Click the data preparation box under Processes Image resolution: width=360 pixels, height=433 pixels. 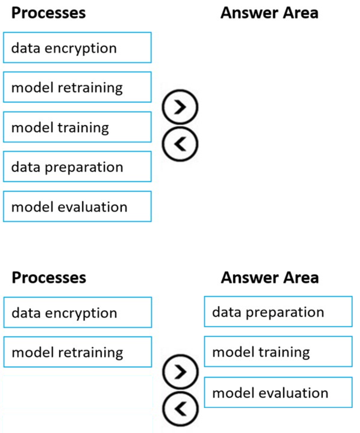pos(77,167)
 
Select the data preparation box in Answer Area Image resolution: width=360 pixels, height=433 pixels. pos(278,312)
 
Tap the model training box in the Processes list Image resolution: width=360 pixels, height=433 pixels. pos(77,127)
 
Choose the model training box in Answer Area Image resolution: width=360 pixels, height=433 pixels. pos(278,352)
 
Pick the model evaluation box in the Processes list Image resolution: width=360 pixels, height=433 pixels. pos(77,207)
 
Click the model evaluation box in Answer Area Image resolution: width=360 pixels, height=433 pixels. pos(278,392)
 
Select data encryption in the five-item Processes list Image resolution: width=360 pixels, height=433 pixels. pos(77,48)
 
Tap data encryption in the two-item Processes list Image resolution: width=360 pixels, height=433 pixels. pos(77,313)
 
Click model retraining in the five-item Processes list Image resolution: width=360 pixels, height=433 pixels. pos(77,87)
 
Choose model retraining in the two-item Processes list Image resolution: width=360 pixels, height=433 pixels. pos(77,352)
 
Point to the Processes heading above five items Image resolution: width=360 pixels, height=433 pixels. pos(49,13)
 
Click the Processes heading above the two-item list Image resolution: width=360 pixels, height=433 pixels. pos(49,277)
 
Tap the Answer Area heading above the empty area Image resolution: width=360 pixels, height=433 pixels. pos(269,13)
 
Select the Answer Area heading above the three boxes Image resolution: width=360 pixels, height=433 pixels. pos(269,277)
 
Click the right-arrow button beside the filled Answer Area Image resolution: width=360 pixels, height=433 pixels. pos(180,372)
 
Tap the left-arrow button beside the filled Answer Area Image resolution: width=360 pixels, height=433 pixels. pos(180,408)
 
